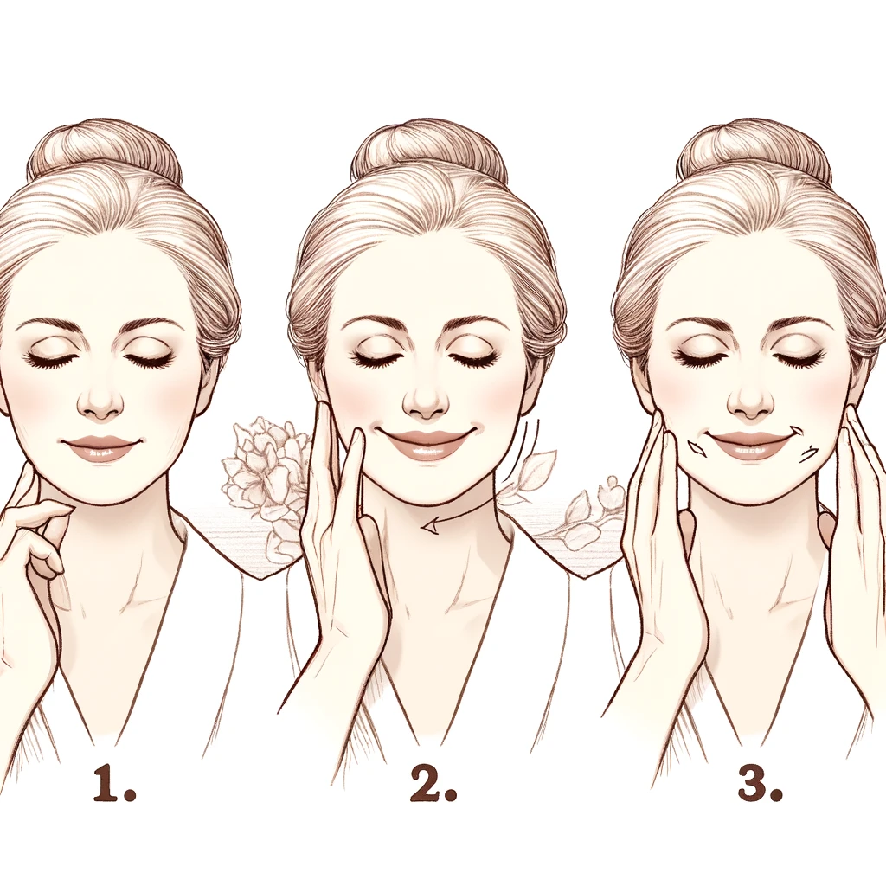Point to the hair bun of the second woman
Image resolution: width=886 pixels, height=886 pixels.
pos(429,148)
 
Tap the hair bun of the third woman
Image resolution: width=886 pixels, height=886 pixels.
pos(754,148)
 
